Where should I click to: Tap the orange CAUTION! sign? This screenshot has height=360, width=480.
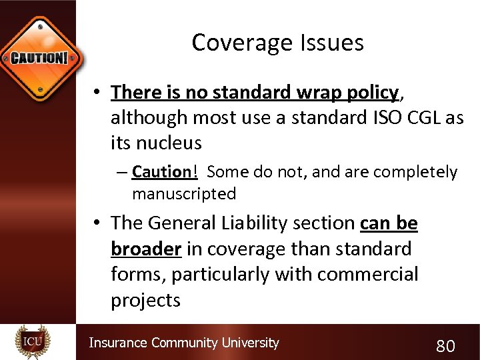coord(39,56)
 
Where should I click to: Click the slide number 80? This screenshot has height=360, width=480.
coord(445,345)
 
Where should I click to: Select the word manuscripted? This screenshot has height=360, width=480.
coord(184,194)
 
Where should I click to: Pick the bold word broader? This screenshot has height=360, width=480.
coord(146,249)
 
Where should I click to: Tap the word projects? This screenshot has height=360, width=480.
coord(145,300)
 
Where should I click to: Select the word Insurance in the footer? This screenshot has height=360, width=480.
coord(118,343)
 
